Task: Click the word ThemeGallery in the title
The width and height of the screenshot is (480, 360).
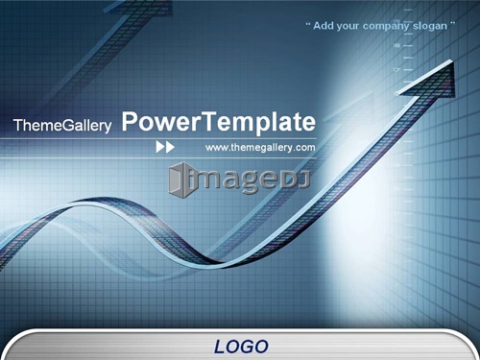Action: pos(62,125)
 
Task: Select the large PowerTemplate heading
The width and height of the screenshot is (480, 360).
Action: pos(219,122)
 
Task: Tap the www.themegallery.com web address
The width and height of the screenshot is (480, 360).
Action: pos(260,148)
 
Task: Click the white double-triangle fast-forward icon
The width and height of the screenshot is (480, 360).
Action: pos(165,147)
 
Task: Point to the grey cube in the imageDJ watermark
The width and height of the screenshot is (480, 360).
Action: pos(179,180)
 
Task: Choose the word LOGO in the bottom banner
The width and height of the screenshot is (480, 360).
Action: pos(241,347)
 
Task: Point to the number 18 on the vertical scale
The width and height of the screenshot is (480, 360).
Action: pos(396,45)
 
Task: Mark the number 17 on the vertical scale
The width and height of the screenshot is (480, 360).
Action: pos(396,69)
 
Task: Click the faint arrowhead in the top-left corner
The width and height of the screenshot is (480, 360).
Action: pos(141,7)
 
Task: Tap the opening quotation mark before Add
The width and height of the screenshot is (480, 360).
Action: pos(308,23)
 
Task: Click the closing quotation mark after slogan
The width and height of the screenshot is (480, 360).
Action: pos(452,23)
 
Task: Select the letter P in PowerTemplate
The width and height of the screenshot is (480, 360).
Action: pos(129,121)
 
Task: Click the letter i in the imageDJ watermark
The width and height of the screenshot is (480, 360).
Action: pos(191,180)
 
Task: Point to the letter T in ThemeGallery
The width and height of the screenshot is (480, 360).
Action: pos(18,125)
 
